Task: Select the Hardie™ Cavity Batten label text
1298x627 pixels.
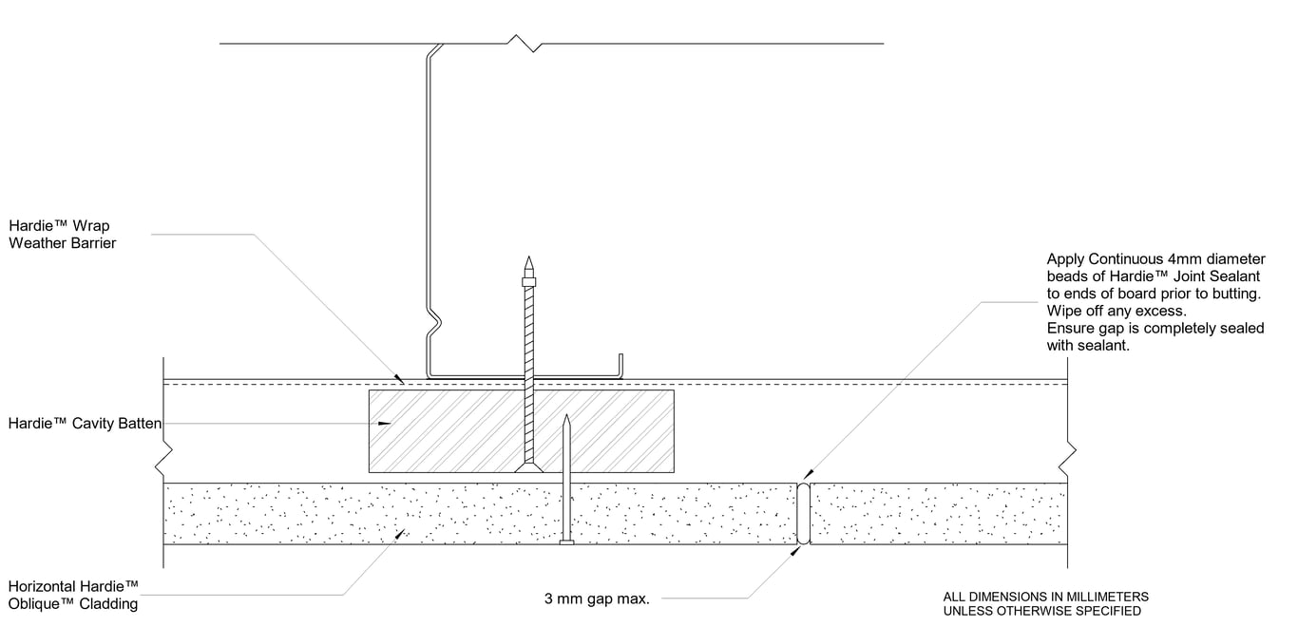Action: coord(85,424)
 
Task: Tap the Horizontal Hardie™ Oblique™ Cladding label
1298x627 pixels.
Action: coord(73,595)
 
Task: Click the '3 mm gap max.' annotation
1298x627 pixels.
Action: coord(597,599)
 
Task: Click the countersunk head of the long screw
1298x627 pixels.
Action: coord(529,466)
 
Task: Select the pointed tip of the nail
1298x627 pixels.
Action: coord(566,418)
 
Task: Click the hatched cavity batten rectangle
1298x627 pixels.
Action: coord(447,429)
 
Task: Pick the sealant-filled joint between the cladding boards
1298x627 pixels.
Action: coord(803,513)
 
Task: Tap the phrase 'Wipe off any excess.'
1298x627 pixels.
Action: coord(1117,312)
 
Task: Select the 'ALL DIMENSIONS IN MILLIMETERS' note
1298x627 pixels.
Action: coord(1045,597)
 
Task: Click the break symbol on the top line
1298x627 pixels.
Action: coord(525,44)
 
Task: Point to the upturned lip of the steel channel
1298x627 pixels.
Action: coord(622,365)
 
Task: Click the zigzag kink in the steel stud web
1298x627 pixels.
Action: coord(433,323)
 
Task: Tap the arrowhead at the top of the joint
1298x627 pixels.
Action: coord(809,475)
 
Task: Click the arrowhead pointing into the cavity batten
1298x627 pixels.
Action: coord(385,424)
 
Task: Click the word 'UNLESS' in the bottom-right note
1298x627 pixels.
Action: coord(967,611)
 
